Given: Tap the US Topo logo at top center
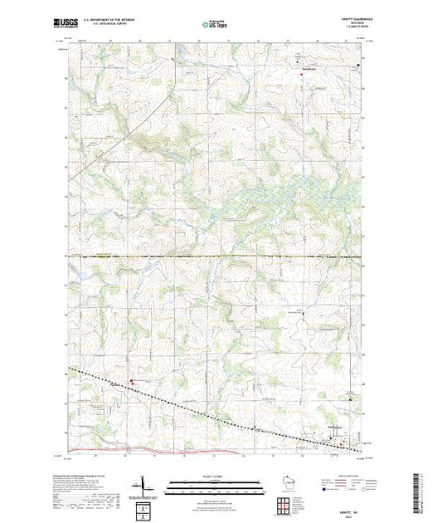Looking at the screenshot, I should click(216, 24).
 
